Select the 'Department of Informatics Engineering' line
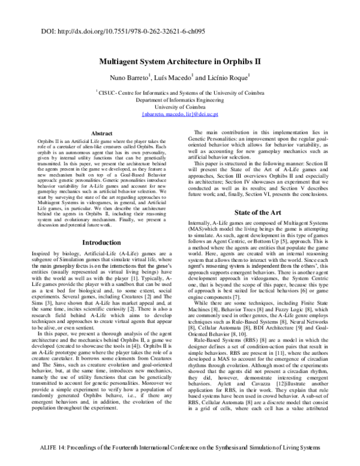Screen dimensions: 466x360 click(x=179, y=100)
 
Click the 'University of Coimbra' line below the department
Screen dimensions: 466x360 click(x=179, y=107)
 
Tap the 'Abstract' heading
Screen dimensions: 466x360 click(x=101, y=133)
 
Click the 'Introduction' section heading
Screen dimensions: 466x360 click(x=101, y=243)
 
